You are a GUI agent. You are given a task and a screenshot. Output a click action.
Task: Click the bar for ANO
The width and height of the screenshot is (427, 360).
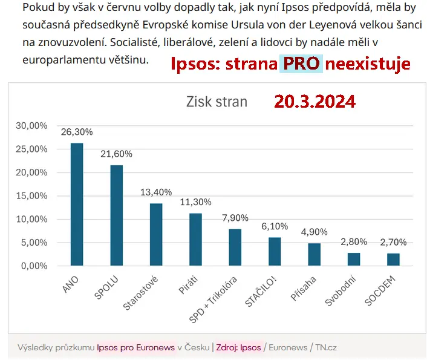click(x=77, y=205)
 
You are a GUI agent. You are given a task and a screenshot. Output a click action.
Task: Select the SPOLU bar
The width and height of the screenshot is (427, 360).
click(x=116, y=215)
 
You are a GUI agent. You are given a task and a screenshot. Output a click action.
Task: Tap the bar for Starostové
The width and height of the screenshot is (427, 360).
click(x=156, y=235)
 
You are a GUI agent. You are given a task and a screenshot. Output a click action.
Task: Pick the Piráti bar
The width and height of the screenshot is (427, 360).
click(x=195, y=240)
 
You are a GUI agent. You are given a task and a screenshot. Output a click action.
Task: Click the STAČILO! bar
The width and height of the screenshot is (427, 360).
click(x=275, y=252)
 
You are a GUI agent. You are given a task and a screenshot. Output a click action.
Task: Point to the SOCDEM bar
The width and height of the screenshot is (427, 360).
click(x=393, y=260)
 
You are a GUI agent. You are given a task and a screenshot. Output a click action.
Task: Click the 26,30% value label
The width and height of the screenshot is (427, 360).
click(x=77, y=131)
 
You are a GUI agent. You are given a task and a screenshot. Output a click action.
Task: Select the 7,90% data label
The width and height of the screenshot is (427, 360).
click(x=235, y=218)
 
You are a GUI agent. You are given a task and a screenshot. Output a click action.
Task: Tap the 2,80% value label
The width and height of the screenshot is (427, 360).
click(x=354, y=242)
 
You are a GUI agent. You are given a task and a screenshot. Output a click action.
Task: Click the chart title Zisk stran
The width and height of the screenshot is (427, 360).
click(x=217, y=102)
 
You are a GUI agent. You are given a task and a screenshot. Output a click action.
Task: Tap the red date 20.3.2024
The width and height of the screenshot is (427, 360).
click(x=315, y=101)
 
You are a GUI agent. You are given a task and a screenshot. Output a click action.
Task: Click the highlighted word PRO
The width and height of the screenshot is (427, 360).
click(x=301, y=64)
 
